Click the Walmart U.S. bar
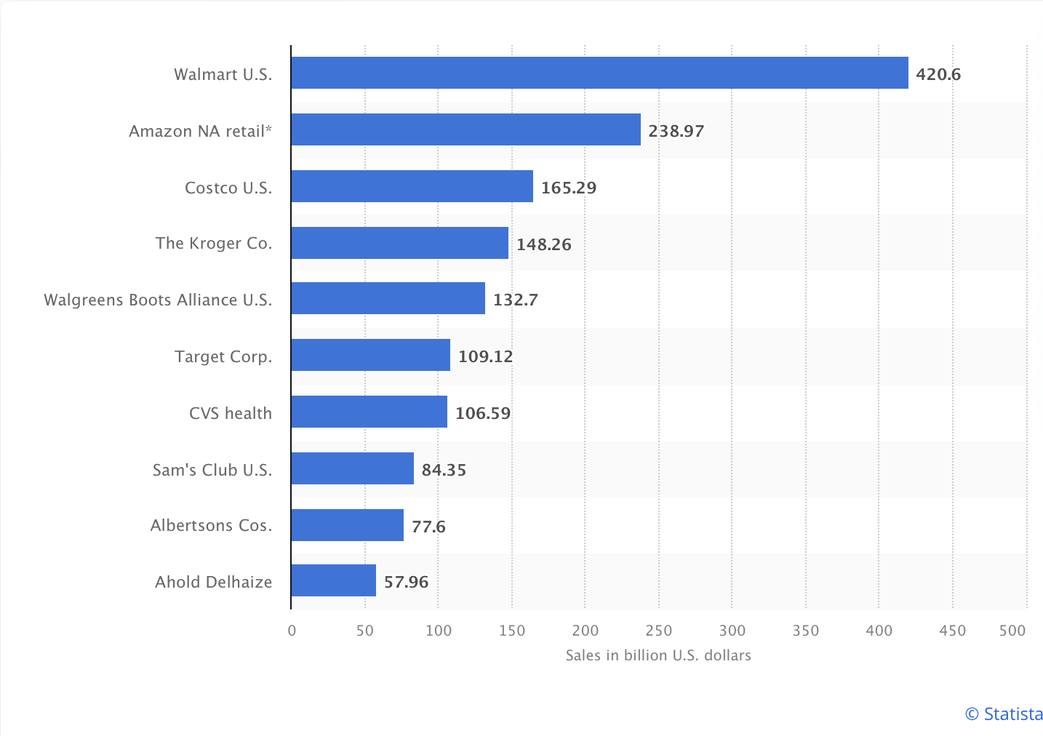click(599, 73)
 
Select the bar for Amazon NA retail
click(465, 129)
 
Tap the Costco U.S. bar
click(412, 186)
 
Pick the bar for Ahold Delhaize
click(333, 580)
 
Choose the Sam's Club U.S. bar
click(352, 468)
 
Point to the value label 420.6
click(938, 74)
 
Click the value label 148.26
click(544, 244)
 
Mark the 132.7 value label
click(516, 300)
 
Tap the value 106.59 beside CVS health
click(483, 413)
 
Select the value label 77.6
click(428, 527)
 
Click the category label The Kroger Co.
click(214, 243)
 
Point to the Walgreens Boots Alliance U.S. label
click(158, 300)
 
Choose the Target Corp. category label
click(223, 356)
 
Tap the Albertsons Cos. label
click(211, 525)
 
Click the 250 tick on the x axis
click(658, 631)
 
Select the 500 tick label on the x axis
click(1012, 631)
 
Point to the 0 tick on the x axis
click(292, 631)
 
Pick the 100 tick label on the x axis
click(439, 631)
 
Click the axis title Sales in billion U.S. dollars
click(658, 655)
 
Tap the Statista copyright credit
click(1004, 714)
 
